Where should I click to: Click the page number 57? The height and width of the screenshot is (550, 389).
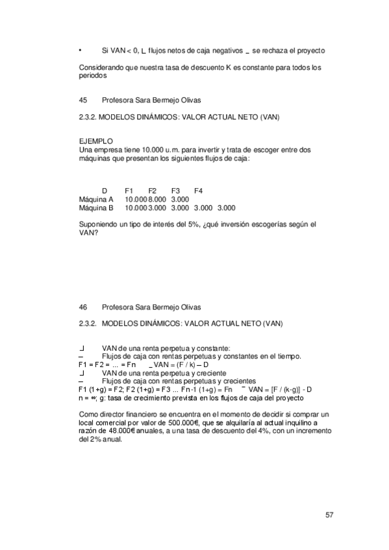click(x=329, y=516)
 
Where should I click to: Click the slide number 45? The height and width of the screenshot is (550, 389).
click(x=82, y=100)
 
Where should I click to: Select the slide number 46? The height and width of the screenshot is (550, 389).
click(x=82, y=307)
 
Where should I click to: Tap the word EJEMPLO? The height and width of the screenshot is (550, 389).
click(x=95, y=141)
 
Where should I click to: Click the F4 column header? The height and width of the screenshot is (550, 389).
click(x=199, y=191)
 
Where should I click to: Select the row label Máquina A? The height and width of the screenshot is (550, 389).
click(x=95, y=199)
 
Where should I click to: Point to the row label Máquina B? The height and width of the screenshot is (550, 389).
click(x=95, y=208)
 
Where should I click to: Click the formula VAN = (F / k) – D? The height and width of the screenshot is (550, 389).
click(x=190, y=365)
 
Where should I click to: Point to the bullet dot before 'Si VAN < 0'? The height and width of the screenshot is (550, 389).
click(x=79, y=51)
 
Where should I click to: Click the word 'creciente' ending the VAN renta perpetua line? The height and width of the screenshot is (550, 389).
click(x=209, y=373)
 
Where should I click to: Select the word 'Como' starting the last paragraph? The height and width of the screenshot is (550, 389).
click(x=88, y=414)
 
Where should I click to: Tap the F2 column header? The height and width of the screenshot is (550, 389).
click(x=153, y=191)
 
